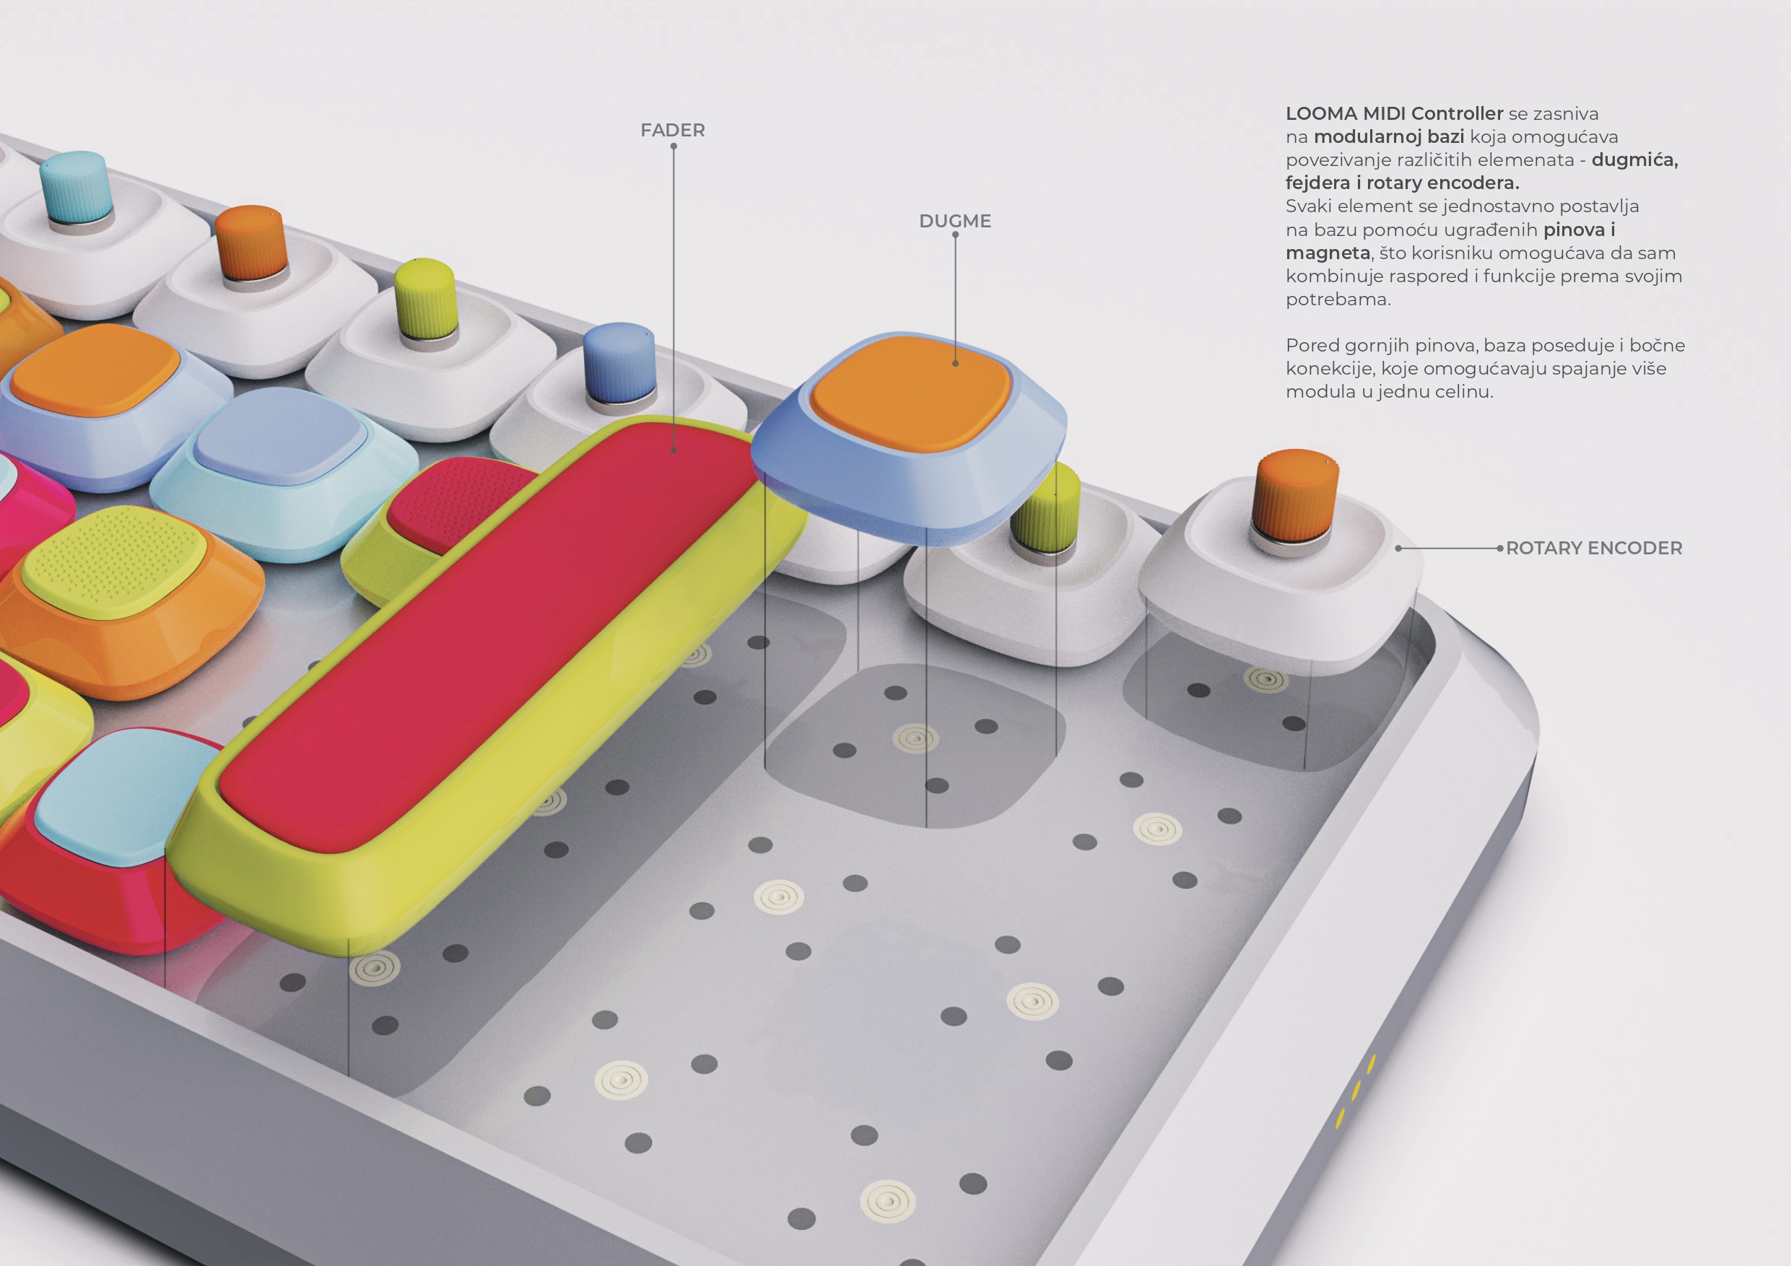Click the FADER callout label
click(x=672, y=130)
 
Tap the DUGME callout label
click(x=955, y=221)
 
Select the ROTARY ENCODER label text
click(x=1594, y=548)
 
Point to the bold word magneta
click(x=1328, y=253)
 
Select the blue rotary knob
click(x=619, y=365)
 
